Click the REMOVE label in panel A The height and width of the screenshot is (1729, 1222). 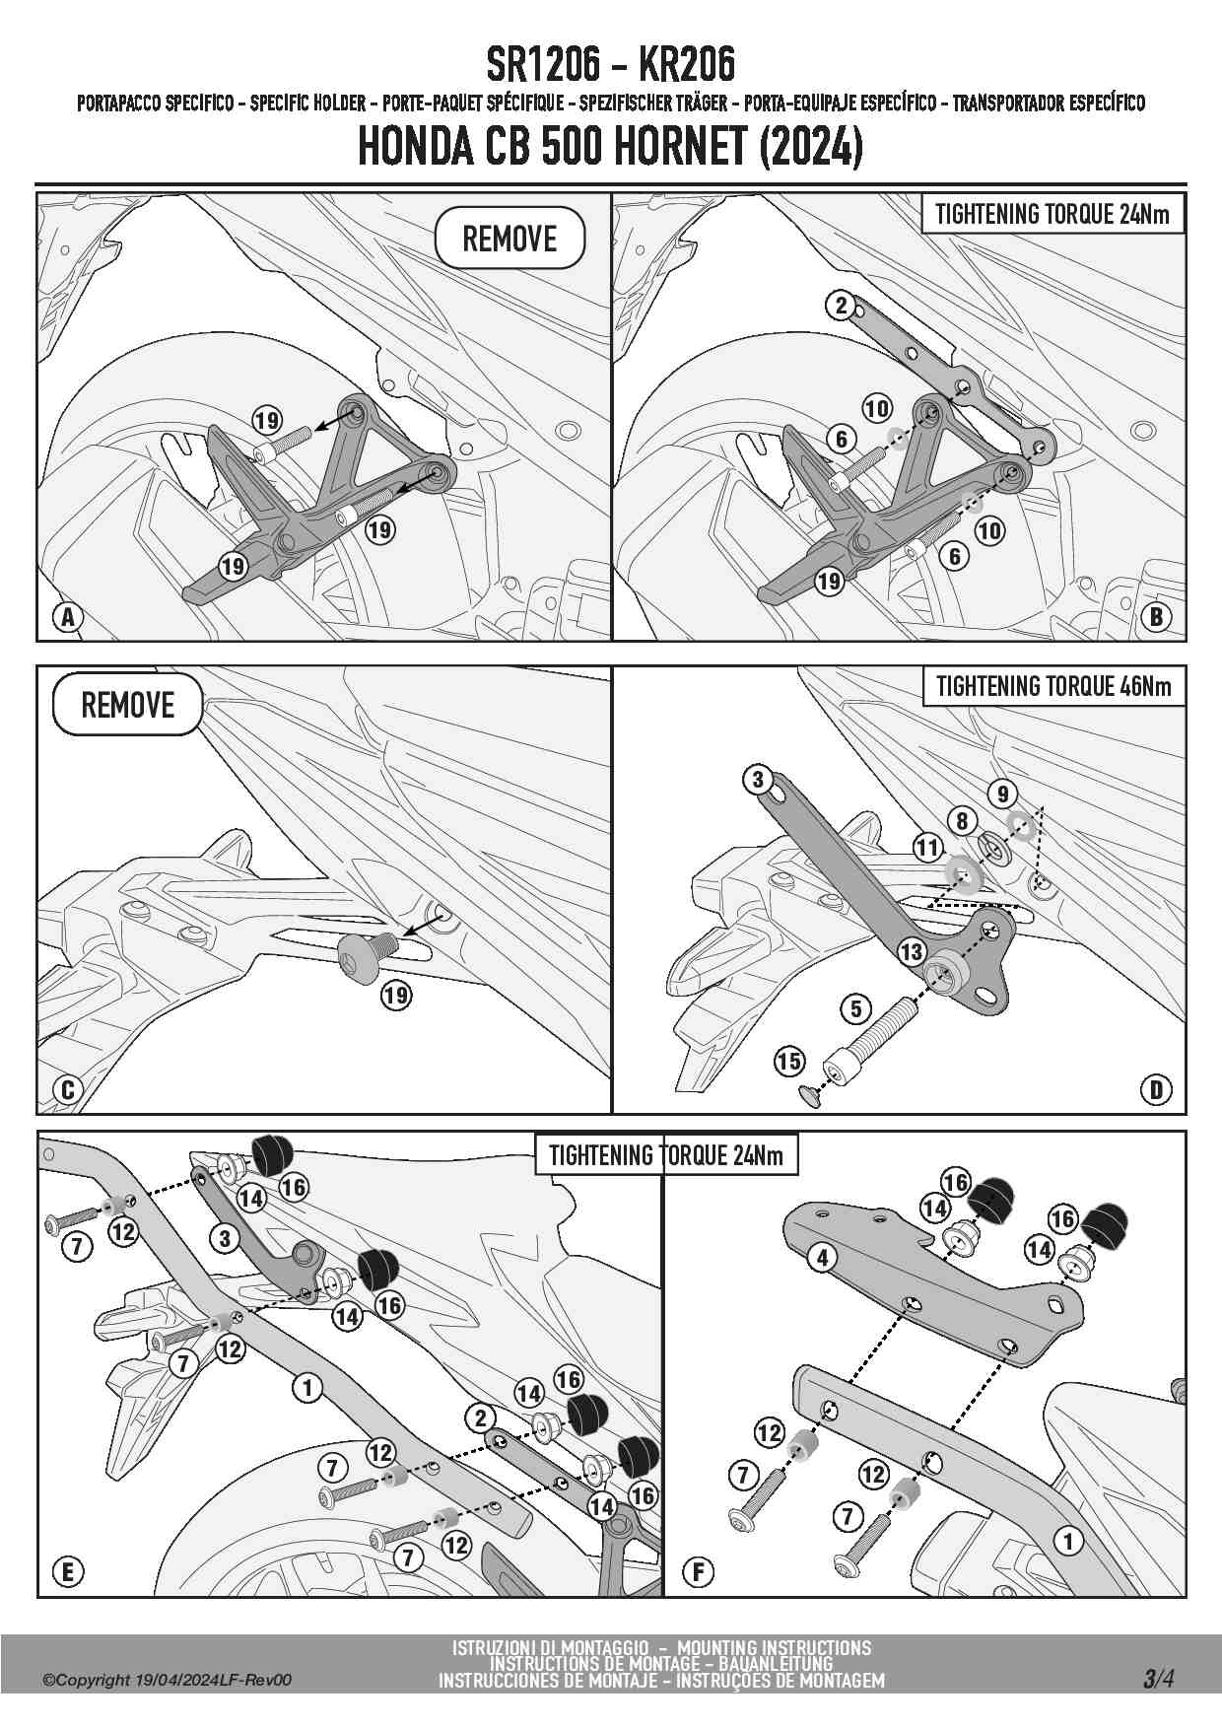pyautogui.click(x=509, y=239)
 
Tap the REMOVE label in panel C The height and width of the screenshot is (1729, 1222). pyautogui.click(x=127, y=705)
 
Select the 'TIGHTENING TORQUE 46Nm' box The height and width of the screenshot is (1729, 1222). pyautogui.click(x=1052, y=686)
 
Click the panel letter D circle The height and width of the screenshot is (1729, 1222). pyautogui.click(x=1156, y=1089)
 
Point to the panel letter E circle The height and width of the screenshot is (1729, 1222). pyautogui.click(x=67, y=1571)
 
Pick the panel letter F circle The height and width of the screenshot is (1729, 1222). pyautogui.click(x=697, y=1571)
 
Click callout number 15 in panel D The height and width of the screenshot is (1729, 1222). pyautogui.click(x=789, y=1061)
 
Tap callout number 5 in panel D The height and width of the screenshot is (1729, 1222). pyautogui.click(x=855, y=1008)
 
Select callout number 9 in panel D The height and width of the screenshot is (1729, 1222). pyautogui.click(x=1001, y=794)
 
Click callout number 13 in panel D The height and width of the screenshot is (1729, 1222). pyautogui.click(x=911, y=951)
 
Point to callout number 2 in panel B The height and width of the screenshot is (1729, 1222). pyautogui.click(x=841, y=306)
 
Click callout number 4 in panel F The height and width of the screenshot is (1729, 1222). pyautogui.click(x=822, y=1257)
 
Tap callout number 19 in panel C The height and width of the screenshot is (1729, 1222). pyautogui.click(x=396, y=995)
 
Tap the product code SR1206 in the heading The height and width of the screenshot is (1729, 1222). pyautogui.click(x=542, y=65)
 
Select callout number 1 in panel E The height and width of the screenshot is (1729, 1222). pyautogui.click(x=307, y=1388)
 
